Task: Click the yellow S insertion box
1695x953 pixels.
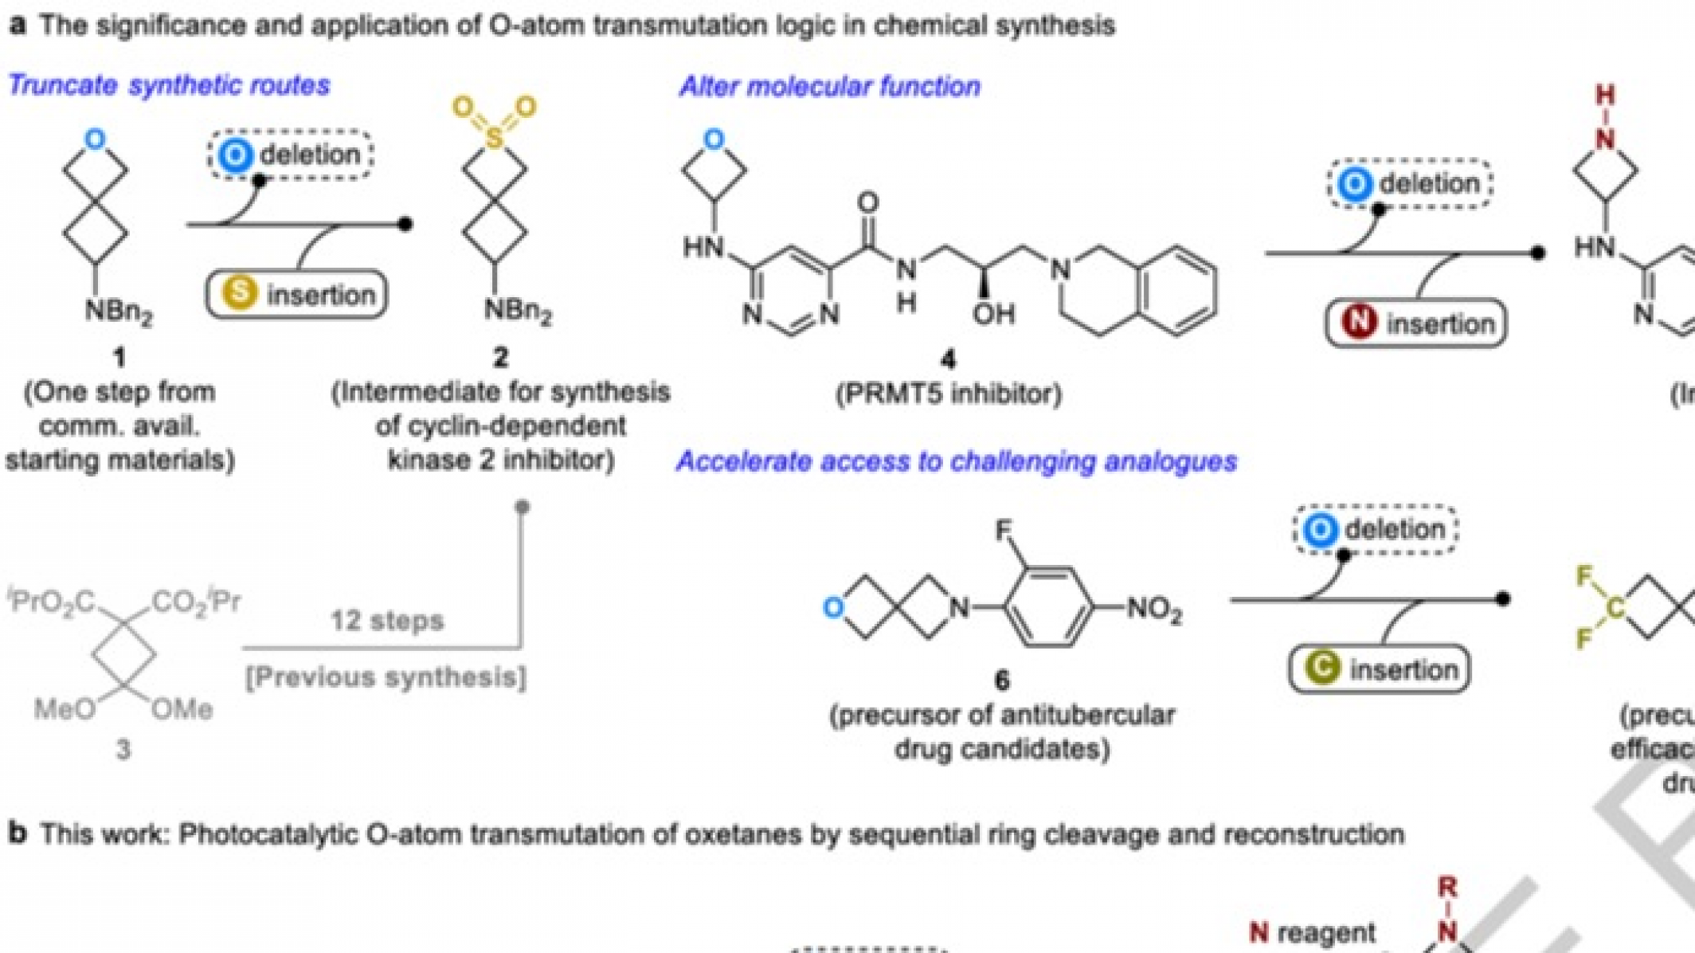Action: coord(296,295)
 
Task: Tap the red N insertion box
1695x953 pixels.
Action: coord(1415,323)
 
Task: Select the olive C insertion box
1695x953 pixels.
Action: coord(1379,669)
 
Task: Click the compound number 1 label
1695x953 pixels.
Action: coord(119,357)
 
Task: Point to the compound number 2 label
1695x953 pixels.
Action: coord(500,357)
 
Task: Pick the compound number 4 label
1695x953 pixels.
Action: coord(947,360)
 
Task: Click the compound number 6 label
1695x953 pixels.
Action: coord(1001,680)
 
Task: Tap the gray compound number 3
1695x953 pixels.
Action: coord(123,749)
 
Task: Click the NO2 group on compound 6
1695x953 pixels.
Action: coord(1153,610)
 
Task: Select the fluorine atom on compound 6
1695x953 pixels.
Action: coord(1004,530)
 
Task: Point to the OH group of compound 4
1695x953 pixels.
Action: coord(993,313)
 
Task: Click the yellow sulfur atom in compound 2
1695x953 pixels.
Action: coord(494,139)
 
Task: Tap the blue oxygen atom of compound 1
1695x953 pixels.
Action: coord(95,139)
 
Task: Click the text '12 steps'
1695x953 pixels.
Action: coord(386,620)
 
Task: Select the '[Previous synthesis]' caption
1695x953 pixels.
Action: coord(386,677)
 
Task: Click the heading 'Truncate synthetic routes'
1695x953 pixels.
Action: coord(168,84)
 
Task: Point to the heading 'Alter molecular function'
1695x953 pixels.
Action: coord(829,86)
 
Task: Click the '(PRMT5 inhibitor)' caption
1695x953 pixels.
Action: coord(948,394)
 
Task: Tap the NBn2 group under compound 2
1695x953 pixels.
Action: coord(518,311)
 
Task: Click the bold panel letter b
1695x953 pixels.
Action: coord(18,833)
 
